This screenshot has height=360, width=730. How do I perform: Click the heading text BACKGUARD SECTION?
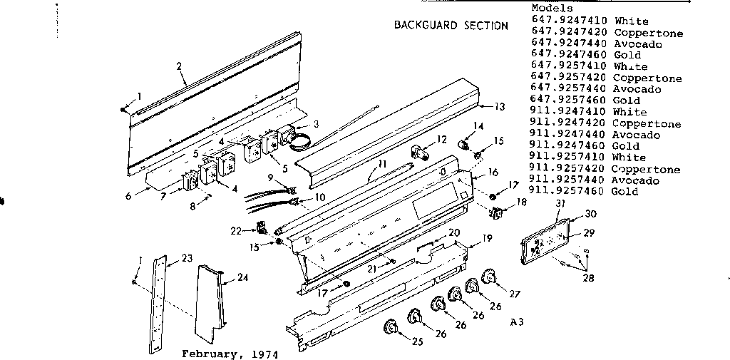(451, 26)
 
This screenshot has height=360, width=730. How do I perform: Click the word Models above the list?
(552, 8)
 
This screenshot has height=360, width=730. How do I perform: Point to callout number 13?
(499, 106)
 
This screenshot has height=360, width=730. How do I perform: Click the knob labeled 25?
(391, 328)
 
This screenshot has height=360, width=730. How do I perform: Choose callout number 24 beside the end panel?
(242, 278)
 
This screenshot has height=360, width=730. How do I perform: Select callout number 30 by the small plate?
(591, 213)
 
